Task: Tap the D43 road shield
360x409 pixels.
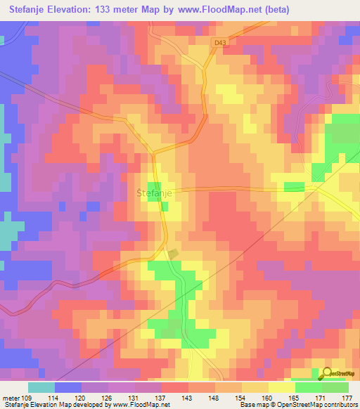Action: pos(220,43)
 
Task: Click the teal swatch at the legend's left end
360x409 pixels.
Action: pos(41,387)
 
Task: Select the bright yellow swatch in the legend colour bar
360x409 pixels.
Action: pos(282,387)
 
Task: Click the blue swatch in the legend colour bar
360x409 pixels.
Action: pos(68,387)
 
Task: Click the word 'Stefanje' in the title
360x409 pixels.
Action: pos(27,9)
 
